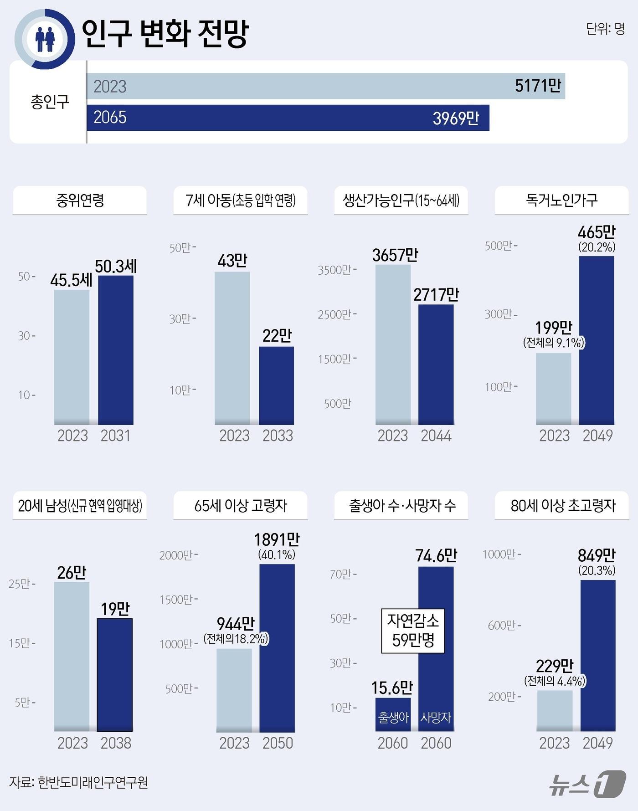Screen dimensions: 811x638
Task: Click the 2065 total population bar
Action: pos(287,118)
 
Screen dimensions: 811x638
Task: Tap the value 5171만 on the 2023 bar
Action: pos(538,86)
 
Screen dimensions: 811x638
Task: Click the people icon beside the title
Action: pos(45,39)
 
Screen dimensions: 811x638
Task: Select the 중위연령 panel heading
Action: pos(80,200)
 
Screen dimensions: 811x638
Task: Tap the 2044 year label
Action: pos(436,436)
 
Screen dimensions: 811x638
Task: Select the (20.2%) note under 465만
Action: pos(597,247)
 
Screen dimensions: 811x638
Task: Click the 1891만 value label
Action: pos(277,540)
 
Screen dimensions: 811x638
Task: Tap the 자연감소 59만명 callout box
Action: pos(412,631)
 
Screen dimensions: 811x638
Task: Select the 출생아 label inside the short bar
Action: pos(393,718)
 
